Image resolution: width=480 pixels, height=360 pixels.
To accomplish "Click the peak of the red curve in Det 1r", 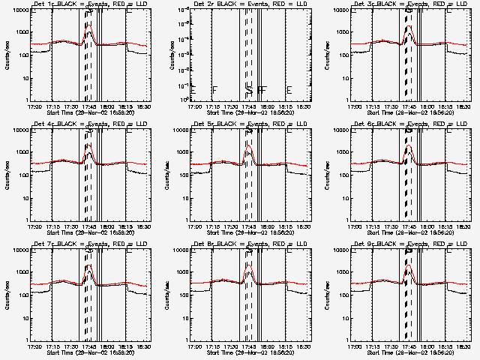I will [x=88, y=25].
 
